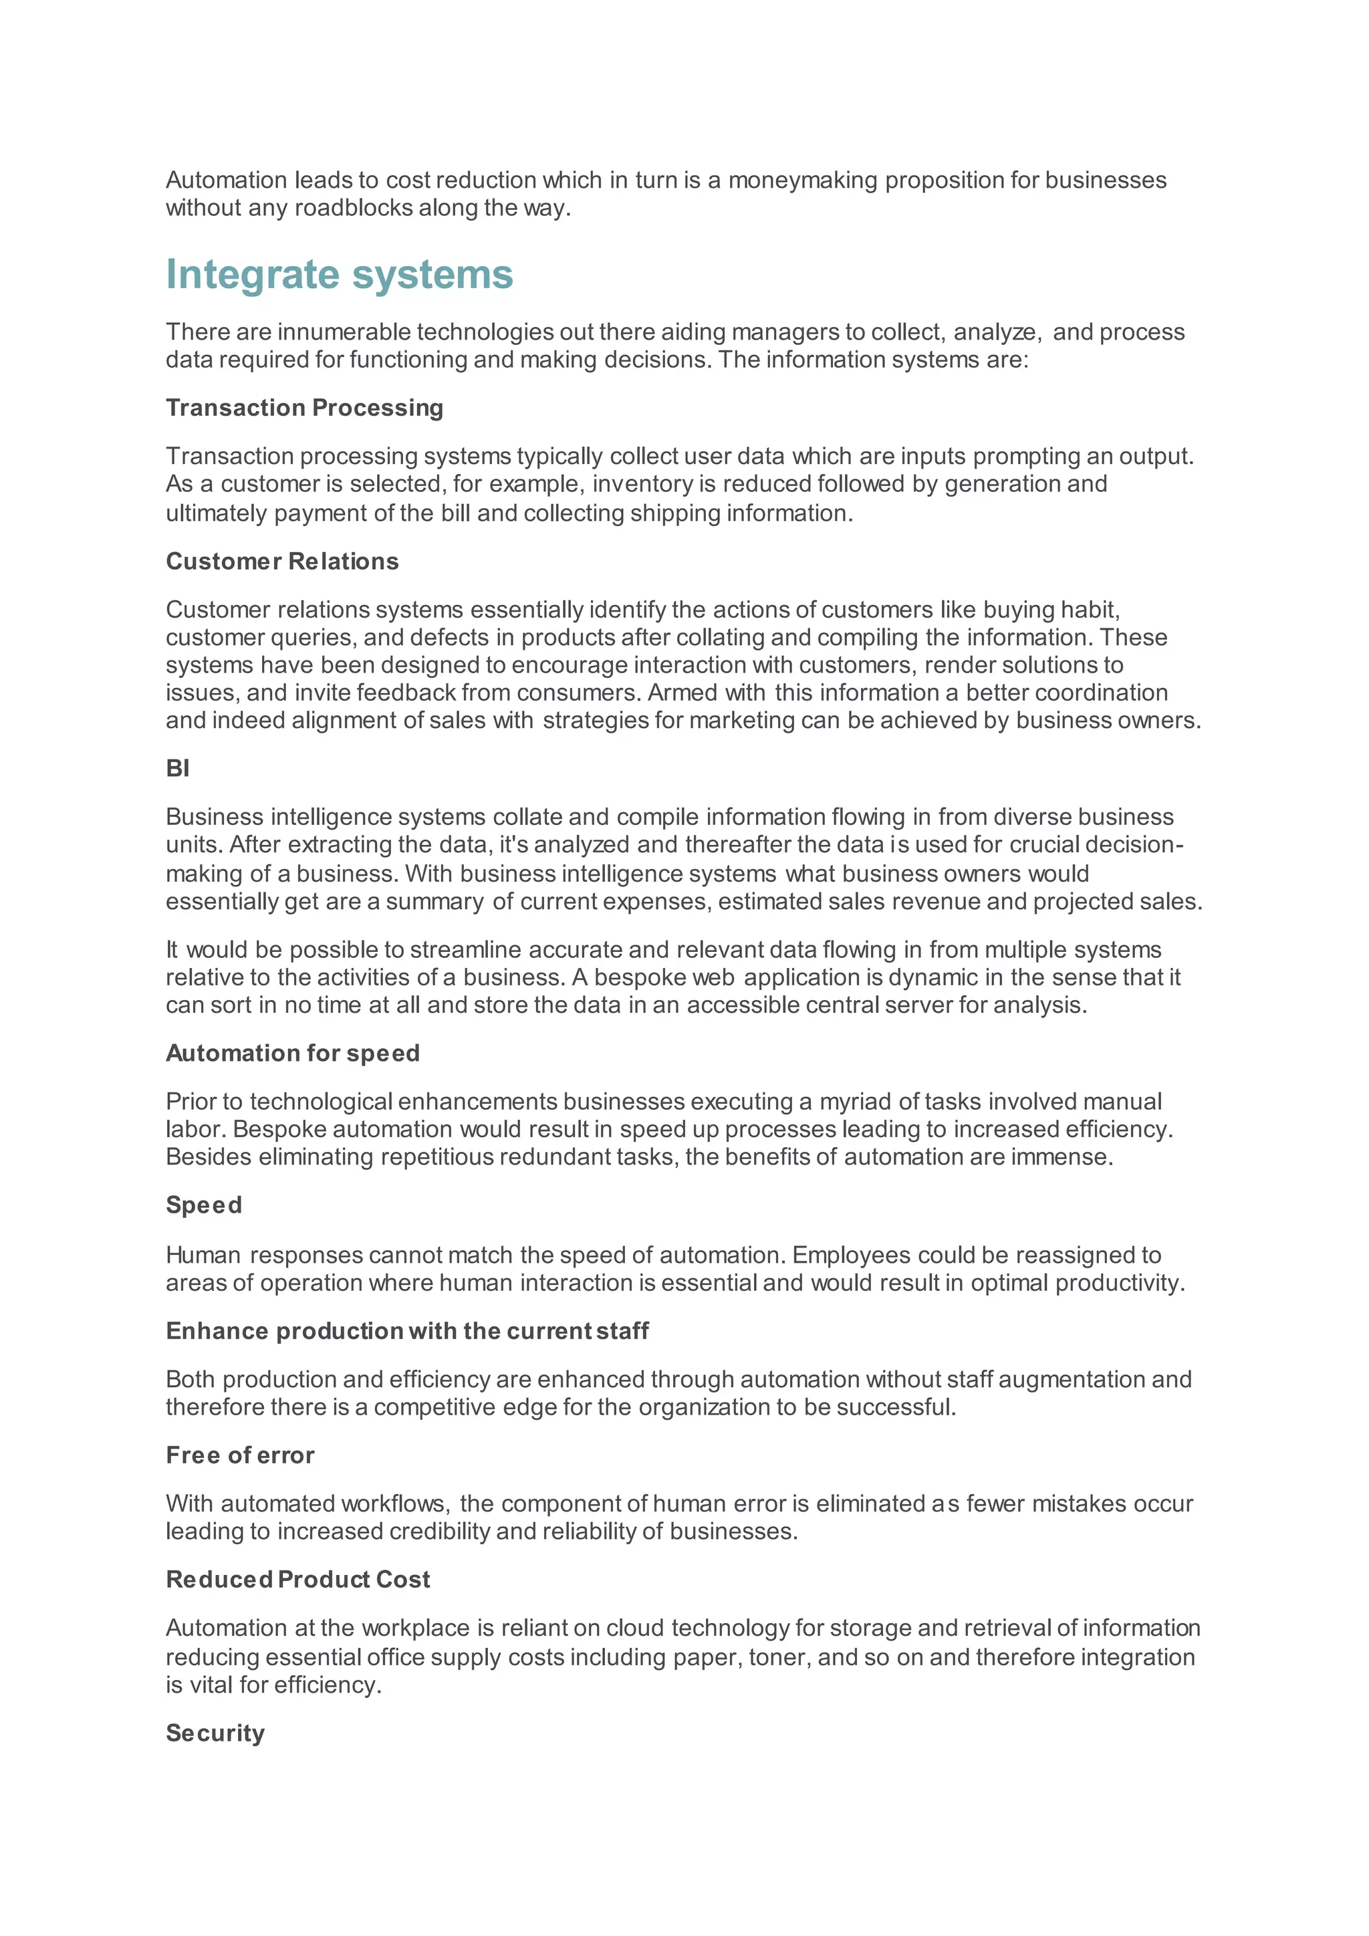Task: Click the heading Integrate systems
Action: tap(339, 275)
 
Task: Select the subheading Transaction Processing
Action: tap(304, 408)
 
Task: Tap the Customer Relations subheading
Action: tap(282, 562)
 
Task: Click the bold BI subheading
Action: tap(178, 768)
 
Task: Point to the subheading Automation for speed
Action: tap(293, 1053)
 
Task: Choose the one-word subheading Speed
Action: tap(204, 1205)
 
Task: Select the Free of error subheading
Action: tap(240, 1455)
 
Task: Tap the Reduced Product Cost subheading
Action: tap(297, 1579)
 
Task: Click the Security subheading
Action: tap(215, 1733)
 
